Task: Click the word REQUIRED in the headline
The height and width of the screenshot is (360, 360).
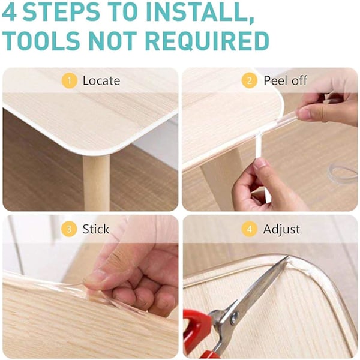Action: pyautogui.click(x=208, y=41)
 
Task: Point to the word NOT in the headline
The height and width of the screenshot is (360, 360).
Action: pyautogui.click(x=113, y=40)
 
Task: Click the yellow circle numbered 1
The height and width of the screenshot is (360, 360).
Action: pyautogui.click(x=69, y=80)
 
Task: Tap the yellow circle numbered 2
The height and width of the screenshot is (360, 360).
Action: pyautogui.click(x=250, y=80)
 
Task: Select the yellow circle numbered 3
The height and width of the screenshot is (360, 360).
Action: pyautogui.click(x=69, y=229)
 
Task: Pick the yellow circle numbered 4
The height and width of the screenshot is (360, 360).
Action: pyautogui.click(x=250, y=229)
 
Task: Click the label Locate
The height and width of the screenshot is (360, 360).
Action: pyautogui.click(x=101, y=81)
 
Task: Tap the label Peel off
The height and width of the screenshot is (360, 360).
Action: pyautogui.click(x=285, y=80)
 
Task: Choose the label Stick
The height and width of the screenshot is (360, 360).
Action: pyautogui.click(x=96, y=229)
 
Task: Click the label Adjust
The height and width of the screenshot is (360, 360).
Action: pyautogui.click(x=281, y=230)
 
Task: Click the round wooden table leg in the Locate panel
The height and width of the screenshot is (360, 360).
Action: pyautogui.click(x=96, y=182)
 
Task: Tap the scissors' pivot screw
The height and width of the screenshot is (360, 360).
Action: pyautogui.click(x=235, y=317)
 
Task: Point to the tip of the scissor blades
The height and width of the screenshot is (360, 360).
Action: pyautogui.click(x=288, y=257)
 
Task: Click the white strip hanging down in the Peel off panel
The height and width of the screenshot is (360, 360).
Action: pyautogui.click(x=259, y=146)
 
